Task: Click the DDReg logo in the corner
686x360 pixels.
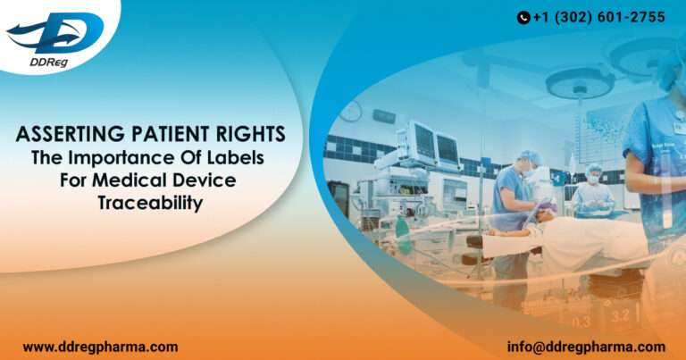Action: (54, 37)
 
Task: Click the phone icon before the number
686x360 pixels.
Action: (523, 17)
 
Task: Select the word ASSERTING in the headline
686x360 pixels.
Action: (65, 135)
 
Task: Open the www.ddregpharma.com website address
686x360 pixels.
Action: (100, 347)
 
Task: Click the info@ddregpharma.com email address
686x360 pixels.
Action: (586, 347)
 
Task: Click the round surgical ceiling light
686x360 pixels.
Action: (579, 83)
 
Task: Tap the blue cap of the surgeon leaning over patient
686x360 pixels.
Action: (530, 157)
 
